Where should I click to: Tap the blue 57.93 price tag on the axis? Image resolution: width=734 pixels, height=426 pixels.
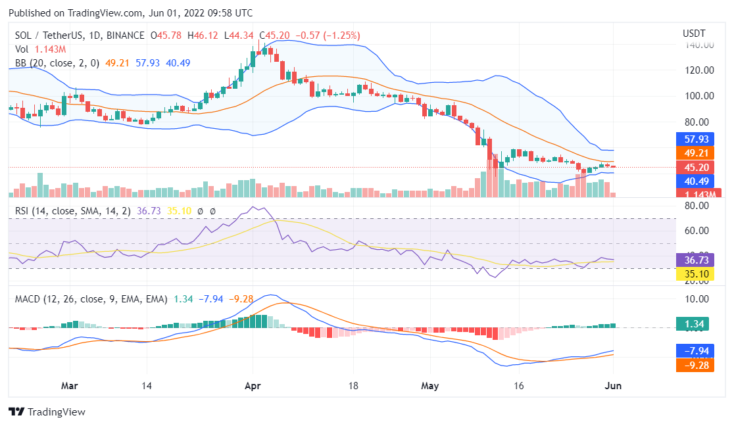(x=695, y=139)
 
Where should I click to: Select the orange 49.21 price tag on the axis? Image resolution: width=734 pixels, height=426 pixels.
(x=695, y=153)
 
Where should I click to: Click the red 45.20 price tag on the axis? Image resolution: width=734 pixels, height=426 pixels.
(x=695, y=167)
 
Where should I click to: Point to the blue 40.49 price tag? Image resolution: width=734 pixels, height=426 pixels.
(x=695, y=181)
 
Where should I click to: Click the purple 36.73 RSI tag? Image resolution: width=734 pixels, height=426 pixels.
(x=695, y=260)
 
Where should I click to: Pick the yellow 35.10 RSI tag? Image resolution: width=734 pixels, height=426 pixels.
(x=695, y=273)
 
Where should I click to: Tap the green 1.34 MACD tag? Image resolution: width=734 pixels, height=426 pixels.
(x=695, y=323)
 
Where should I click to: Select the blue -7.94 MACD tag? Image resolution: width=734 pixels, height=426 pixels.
(x=695, y=350)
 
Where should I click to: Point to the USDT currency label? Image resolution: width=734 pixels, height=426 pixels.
(x=694, y=33)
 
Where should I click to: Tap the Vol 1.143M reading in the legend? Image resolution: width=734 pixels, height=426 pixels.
(x=41, y=49)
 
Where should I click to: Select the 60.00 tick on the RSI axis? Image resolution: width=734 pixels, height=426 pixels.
(x=696, y=231)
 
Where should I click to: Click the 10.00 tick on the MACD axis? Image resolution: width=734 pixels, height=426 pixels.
(x=696, y=299)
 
